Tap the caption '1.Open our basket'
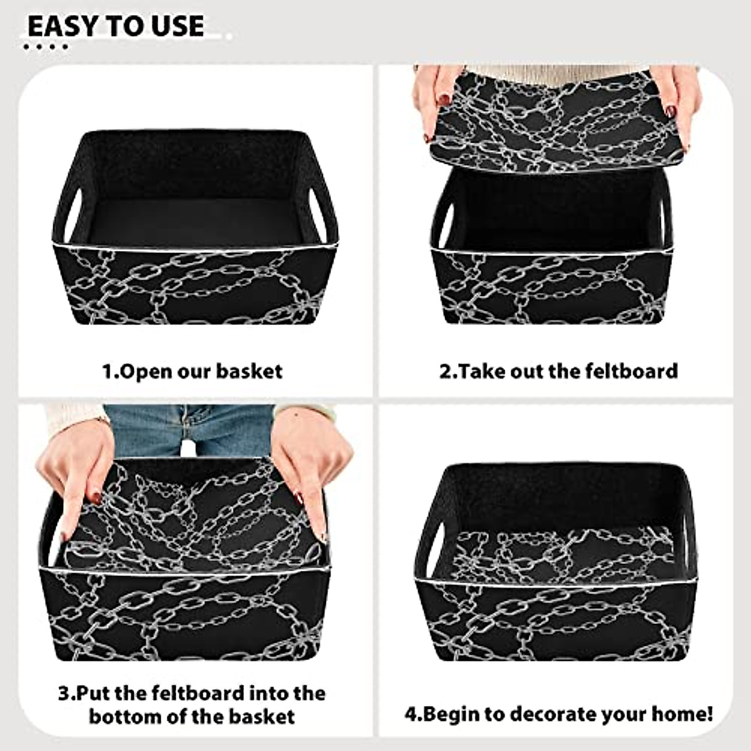[192, 371]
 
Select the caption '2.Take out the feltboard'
[558, 370]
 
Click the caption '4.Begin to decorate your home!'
[558, 713]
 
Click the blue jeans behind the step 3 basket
[188, 429]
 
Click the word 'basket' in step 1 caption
[249, 371]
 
